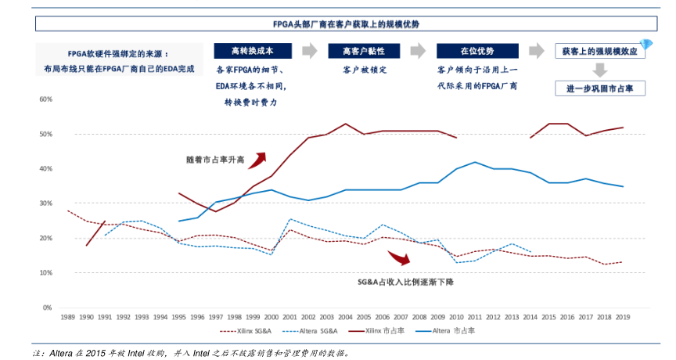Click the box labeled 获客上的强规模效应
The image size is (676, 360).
[x=599, y=51]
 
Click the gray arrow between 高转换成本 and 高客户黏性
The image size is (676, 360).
[x=310, y=51]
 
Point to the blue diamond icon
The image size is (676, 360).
[x=645, y=43]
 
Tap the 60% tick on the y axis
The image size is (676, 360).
[x=45, y=99]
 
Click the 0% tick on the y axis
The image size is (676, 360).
[x=48, y=308]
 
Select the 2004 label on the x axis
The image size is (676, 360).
[x=345, y=317]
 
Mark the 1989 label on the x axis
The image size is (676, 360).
[x=67, y=317]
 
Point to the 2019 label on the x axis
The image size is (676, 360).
[x=623, y=317]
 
